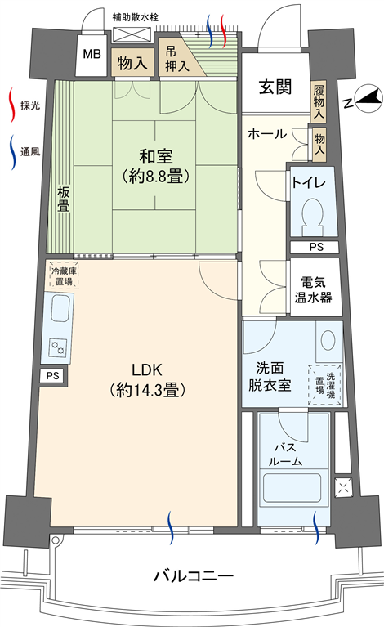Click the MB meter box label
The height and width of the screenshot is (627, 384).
(x=92, y=54)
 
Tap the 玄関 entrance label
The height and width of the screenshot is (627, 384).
(x=275, y=87)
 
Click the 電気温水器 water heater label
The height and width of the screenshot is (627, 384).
(x=313, y=290)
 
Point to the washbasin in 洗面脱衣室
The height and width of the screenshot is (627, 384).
(x=328, y=340)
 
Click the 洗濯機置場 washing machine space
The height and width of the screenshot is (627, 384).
(x=325, y=384)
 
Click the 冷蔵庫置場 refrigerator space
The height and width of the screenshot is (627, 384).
(x=64, y=275)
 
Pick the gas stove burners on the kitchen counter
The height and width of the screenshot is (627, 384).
(x=57, y=347)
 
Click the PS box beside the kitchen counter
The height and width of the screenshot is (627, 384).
(x=53, y=376)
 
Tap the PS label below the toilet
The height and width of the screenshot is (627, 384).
(x=316, y=247)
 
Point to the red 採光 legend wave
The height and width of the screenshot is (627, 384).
(x=12, y=105)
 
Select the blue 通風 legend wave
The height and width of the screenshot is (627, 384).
(x=12, y=152)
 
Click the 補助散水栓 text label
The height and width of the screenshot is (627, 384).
(x=135, y=17)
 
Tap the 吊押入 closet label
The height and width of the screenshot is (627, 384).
(x=176, y=59)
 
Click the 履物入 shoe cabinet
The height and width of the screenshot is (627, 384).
(x=319, y=101)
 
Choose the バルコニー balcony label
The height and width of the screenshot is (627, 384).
(x=194, y=576)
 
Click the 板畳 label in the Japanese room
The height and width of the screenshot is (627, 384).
(x=64, y=199)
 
